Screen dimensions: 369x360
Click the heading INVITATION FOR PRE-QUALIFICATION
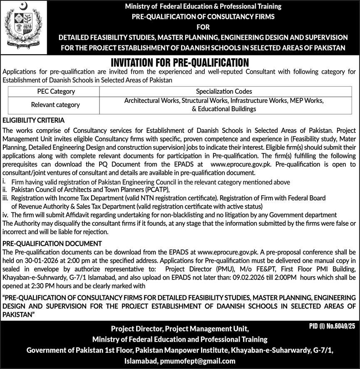pos(179,63)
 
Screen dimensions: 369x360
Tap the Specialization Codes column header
pos(224,91)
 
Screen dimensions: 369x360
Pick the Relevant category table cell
pos(55,105)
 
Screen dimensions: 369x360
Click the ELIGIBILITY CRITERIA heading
pos(33,120)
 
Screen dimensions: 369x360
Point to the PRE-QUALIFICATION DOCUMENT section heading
pos(52,243)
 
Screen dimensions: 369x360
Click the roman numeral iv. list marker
pos(5,214)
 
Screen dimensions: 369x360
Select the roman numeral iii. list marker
pos(5,198)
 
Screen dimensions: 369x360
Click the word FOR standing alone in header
pos(203,27)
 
